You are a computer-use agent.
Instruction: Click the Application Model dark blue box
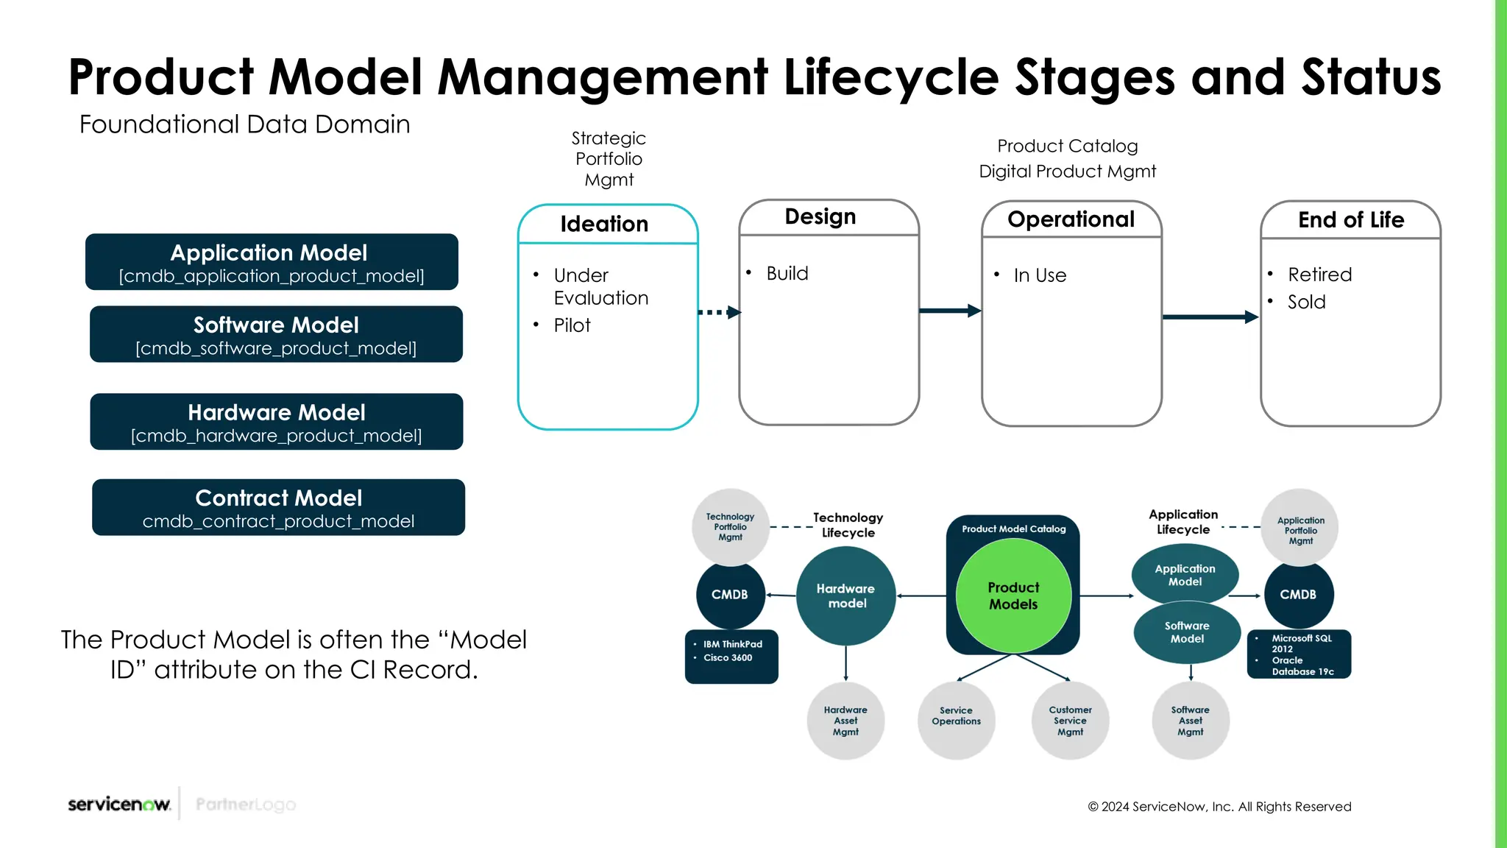click(272, 262)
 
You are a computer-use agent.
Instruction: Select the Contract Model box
click(278, 508)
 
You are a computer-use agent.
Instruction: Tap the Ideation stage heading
click(604, 224)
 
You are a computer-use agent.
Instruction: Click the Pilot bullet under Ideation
click(572, 325)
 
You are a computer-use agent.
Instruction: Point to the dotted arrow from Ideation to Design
click(718, 312)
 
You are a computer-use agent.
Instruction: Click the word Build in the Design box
click(787, 274)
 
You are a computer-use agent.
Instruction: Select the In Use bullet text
click(1039, 275)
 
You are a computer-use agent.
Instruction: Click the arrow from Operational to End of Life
click(1210, 317)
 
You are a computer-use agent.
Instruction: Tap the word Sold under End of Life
click(1306, 303)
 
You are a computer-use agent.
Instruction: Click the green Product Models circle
click(1013, 596)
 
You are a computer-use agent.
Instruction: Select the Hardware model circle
click(845, 596)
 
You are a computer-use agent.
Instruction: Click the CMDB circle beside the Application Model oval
click(1298, 595)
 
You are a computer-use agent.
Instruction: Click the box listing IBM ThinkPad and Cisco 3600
click(731, 655)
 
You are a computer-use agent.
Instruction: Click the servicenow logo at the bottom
click(119, 804)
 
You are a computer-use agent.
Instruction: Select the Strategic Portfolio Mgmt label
click(609, 159)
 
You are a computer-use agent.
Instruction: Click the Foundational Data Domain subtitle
click(244, 124)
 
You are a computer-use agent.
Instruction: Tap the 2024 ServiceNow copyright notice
click(1219, 807)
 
